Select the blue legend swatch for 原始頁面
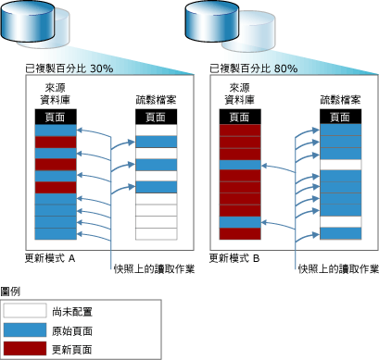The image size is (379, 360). click(x=29, y=330)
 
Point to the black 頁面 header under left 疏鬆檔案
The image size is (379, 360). click(x=155, y=118)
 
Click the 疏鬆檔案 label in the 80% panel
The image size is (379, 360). click(x=339, y=101)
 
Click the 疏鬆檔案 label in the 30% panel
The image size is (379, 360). click(x=155, y=101)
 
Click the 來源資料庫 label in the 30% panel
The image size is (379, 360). click(x=56, y=94)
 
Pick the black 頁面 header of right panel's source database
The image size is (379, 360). click(x=238, y=118)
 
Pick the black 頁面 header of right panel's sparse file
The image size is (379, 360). click(x=340, y=118)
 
